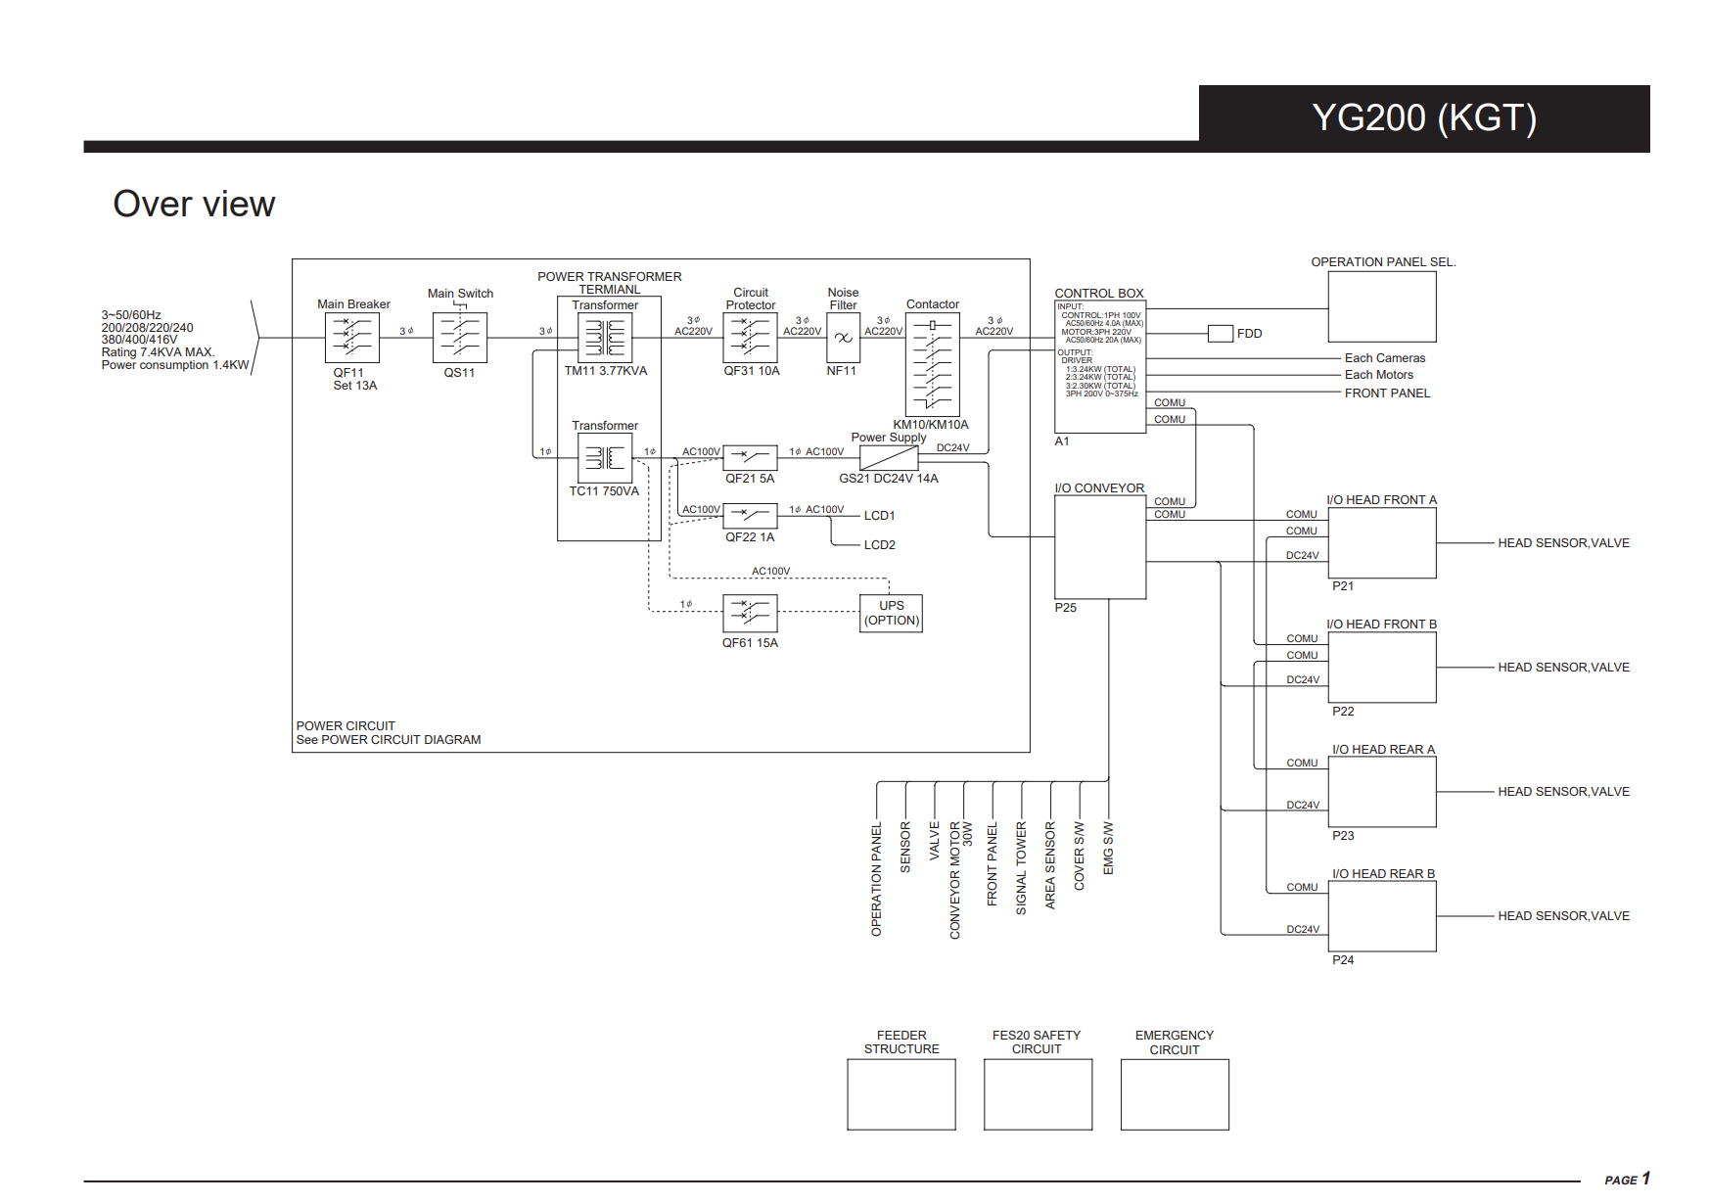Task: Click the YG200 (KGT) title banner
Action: (x=1423, y=117)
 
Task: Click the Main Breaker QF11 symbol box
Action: (x=352, y=338)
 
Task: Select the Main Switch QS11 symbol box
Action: (x=460, y=338)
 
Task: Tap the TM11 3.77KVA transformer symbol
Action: (x=605, y=338)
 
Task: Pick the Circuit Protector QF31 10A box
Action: (x=751, y=338)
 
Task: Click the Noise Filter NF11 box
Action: (x=843, y=338)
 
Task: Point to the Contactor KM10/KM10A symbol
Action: (x=933, y=365)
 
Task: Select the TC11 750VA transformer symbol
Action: (x=605, y=458)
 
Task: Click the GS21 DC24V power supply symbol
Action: (x=889, y=458)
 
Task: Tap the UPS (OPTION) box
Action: (x=892, y=614)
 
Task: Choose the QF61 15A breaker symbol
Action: (x=751, y=614)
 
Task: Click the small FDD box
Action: (x=1221, y=334)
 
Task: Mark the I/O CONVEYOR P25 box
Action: (x=1100, y=547)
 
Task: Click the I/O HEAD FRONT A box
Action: (x=1382, y=543)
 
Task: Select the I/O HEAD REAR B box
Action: (x=1382, y=916)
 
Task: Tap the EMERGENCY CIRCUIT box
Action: (x=1175, y=1094)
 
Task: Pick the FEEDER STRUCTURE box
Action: (x=901, y=1094)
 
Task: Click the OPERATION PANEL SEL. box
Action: (x=1382, y=306)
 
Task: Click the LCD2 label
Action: (x=880, y=545)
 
